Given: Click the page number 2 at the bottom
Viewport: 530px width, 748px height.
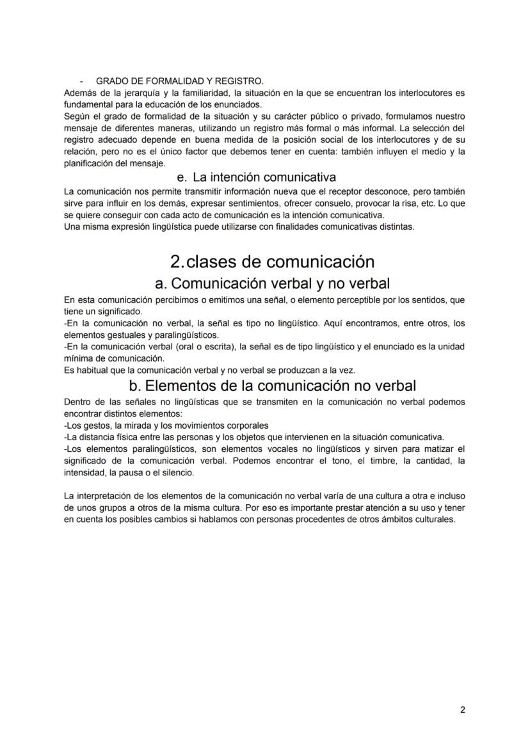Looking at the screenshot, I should click(462, 710).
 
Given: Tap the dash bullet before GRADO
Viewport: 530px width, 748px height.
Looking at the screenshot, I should click(81, 81).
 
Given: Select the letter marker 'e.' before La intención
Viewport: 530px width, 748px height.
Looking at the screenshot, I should click(182, 177).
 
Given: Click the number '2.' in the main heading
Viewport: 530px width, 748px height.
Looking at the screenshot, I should click(177, 262).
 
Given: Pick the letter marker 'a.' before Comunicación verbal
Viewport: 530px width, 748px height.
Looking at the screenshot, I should click(161, 283).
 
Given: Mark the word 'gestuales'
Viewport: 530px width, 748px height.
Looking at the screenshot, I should click(124, 335).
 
